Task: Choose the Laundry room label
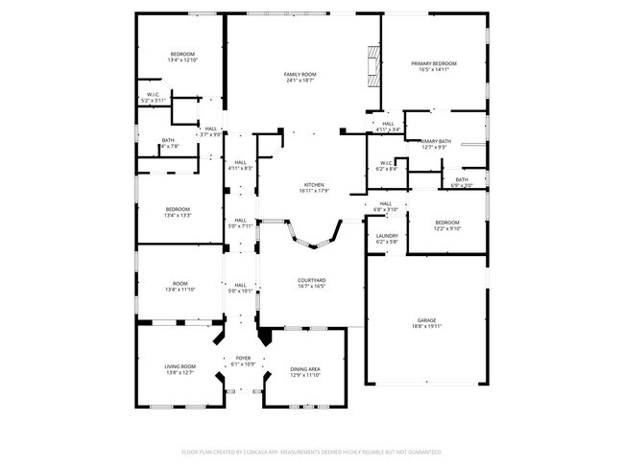387,238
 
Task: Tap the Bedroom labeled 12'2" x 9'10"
447,225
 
